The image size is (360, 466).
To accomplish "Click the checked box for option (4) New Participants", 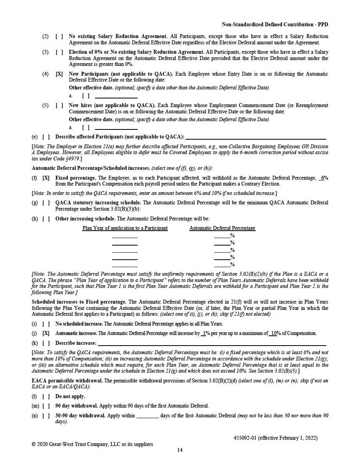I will coord(59,74).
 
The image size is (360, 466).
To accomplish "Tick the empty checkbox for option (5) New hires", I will coord(59,105).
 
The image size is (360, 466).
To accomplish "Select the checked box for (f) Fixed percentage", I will coord(46,178).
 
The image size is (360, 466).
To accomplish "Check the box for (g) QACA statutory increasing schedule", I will coord(46,202).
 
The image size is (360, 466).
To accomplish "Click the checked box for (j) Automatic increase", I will coord(46,333).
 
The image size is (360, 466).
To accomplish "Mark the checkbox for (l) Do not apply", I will coord(46,396).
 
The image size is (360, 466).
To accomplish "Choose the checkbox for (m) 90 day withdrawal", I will coord(46,406).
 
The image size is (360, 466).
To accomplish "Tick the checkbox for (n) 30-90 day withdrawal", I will coord(46,415).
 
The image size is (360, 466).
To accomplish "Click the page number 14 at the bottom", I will coord(180,450).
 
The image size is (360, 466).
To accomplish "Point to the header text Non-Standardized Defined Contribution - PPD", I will coord(275,24).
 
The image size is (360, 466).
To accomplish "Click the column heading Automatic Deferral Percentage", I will coord(222,228).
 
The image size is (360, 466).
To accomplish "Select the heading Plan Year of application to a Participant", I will coord(125,228).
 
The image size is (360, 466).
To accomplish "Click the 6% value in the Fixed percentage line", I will coord(324,178).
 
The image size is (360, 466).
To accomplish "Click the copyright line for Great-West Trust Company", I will coord(92,444).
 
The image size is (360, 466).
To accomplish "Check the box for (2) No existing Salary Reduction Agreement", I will coord(59,36).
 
